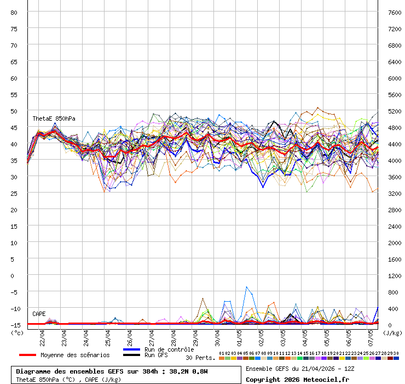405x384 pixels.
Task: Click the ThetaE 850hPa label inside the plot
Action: point(54,118)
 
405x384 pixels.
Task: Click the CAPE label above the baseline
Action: point(39,314)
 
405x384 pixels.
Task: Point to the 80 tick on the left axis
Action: point(14,12)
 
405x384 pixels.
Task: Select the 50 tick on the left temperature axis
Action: point(14,111)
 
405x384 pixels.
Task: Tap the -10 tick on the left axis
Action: point(13,308)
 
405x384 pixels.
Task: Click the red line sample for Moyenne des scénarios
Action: point(27,355)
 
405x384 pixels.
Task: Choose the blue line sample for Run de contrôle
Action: point(131,349)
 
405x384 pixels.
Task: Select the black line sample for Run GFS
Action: point(131,355)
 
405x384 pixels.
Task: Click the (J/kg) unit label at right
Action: point(392,332)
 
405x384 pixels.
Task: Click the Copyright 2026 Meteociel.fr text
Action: point(297,379)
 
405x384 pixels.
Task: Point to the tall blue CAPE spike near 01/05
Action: point(247,287)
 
